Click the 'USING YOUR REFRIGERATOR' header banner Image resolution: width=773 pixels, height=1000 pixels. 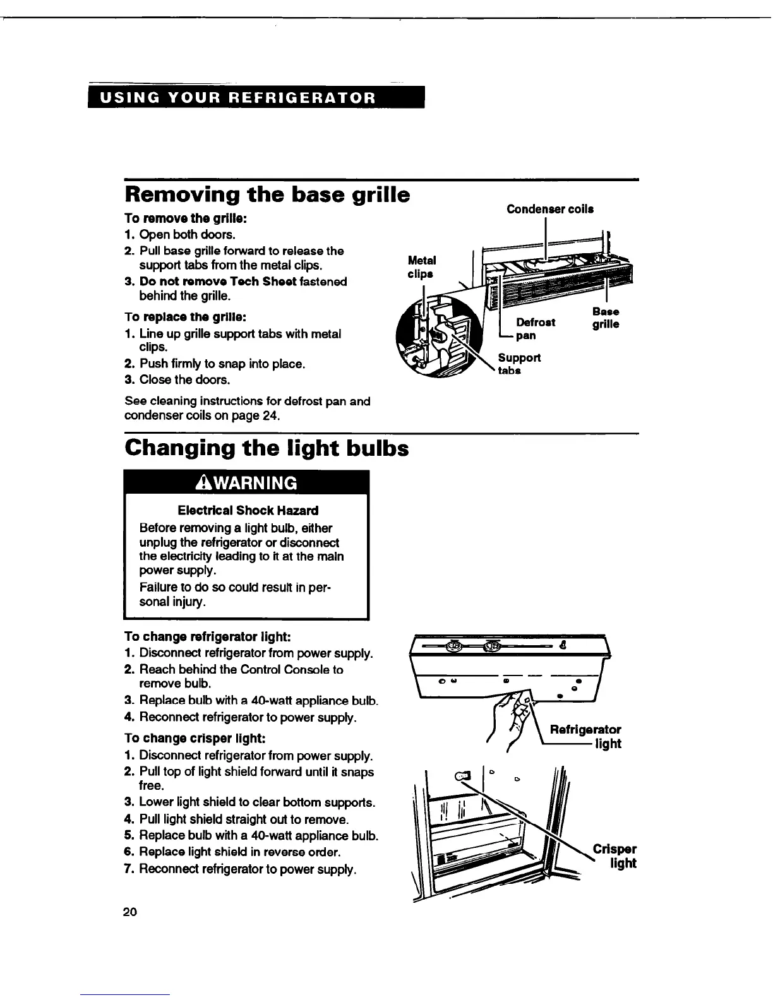(256, 98)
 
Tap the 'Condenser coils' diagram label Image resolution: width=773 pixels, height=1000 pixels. (549, 210)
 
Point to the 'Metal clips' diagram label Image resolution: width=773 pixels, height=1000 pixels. (422, 267)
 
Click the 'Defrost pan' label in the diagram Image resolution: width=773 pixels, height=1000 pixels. (535, 329)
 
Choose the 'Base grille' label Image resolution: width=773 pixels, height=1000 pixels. (605, 318)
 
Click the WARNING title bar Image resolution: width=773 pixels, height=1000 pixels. (246, 483)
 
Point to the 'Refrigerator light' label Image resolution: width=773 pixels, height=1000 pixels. (585, 737)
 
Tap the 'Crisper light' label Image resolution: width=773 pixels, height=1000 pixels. (615, 856)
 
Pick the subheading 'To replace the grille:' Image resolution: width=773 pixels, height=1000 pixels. (176, 316)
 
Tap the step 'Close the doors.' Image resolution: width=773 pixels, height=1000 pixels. (184, 380)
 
